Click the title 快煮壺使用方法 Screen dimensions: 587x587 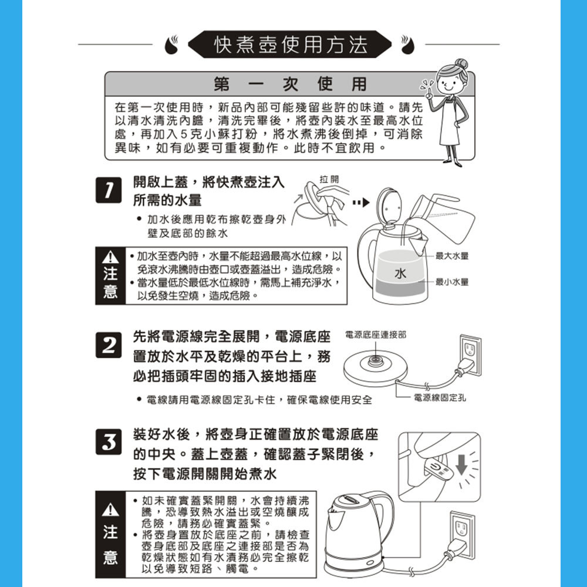point(291,45)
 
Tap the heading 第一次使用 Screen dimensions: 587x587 point(290,84)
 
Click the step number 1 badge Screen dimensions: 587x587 point(109,190)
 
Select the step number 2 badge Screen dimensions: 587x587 point(109,345)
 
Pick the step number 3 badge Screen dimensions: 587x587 point(109,442)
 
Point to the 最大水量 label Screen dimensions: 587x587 point(452,256)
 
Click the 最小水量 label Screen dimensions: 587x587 point(452,282)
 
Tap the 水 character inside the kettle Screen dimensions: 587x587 point(400,274)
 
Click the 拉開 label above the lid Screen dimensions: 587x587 point(329,179)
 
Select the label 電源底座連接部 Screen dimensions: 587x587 point(376,335)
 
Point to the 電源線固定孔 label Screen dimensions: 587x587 point(440,397)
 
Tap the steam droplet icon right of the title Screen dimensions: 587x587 point(407,45)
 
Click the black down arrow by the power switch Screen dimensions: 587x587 point(461,464)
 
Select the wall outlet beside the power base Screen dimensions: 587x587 point(470,355)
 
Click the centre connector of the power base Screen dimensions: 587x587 point(375,361)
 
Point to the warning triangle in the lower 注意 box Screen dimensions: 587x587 point(110,510)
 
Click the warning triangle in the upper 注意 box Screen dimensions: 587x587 point(110,257)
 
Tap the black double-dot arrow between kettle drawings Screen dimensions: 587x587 point(361,203)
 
